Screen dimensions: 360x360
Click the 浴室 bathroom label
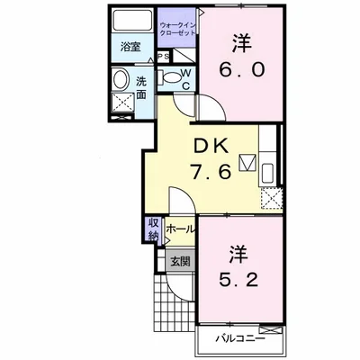[130, 47]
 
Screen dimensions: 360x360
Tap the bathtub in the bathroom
[132, 20]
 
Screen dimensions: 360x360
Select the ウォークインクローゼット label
[177, 28]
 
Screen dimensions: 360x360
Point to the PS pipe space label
[164, 56]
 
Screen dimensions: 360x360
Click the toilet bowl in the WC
[172, 77]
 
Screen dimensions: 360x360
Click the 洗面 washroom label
[141, 88]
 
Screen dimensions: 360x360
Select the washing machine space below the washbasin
[122, 103]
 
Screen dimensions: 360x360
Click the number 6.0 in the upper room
[242, 69]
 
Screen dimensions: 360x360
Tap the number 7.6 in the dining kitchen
[211, 171]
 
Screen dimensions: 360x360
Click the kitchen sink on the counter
[268, 173]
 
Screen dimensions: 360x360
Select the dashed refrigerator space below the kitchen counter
[272, 198]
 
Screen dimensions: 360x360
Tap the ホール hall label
[180, 229]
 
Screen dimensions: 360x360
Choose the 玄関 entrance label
[180, 262]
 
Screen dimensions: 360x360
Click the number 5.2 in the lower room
[238, 281]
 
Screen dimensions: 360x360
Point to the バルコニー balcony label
[240, 339]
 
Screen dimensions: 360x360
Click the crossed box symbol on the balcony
[271, 330]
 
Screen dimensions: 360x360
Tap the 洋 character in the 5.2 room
[239, 255]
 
